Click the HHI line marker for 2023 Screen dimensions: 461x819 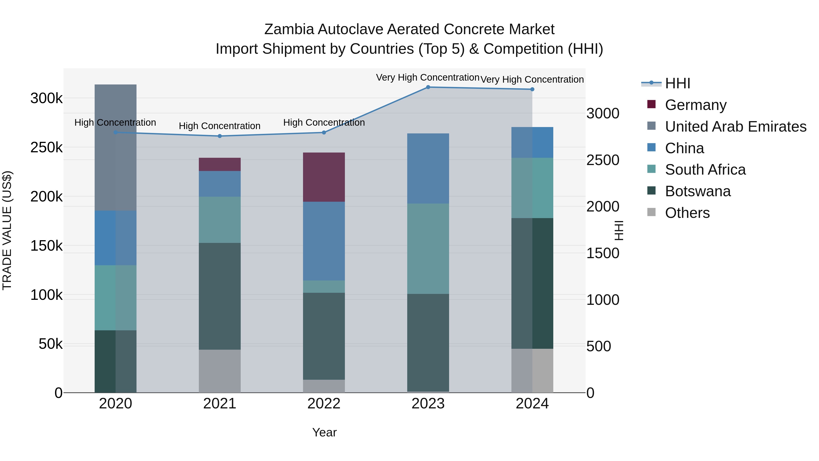coord(428,87)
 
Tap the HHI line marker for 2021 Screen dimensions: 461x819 coord(220,136)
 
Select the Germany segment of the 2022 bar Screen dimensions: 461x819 coord(324,177)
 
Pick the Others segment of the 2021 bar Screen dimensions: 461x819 coord(220,371)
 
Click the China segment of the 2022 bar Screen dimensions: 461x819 coord(324,241)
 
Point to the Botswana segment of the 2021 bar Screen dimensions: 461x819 coord(220,296)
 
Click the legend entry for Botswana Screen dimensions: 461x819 coord(698,191)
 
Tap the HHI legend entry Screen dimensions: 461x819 coord(677,83)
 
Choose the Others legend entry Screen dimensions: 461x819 coord(687,213)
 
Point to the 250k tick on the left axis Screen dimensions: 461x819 coord(46,148)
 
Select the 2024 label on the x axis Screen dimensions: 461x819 coord(532,404)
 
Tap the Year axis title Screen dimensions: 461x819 coord(324,432)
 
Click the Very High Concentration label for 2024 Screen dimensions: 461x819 coord(532,79)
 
